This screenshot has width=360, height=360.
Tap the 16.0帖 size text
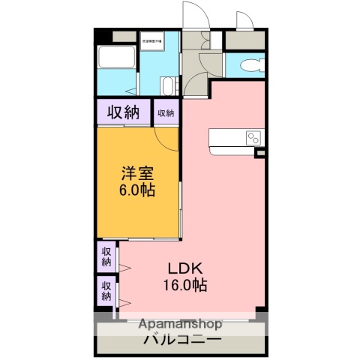[x=181, y=285]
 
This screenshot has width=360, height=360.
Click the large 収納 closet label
[x=123, y=113]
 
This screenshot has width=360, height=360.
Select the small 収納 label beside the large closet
[x=166, y=113]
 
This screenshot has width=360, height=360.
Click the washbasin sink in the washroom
[x=169, y=85]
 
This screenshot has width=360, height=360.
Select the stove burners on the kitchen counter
[x=253, y=138]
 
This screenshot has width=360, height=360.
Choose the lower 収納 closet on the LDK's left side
[x=106, y=290]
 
